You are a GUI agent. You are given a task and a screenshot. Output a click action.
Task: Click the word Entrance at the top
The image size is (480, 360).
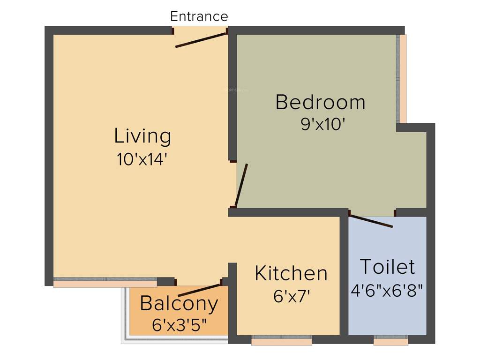click(x=199, y=16)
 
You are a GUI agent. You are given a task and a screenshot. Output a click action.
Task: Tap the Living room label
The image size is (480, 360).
click(x=142, y=136)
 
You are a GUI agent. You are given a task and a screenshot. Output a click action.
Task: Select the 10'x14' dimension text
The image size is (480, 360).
click(x=142, y=159)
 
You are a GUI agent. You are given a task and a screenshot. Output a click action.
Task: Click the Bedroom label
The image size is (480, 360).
click(x=320, y=102)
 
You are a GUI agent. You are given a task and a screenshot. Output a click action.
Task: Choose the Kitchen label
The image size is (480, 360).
click(x=291, y=273)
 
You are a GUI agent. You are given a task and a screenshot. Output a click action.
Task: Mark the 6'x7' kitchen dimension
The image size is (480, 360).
click(x=292, y=296)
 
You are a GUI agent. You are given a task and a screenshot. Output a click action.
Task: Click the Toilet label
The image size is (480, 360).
click(x=387, y=267)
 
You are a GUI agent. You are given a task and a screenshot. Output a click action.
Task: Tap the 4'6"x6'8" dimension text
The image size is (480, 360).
click(x=387, y=290)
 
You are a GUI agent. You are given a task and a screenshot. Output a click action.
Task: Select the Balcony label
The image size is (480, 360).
click(x=179, y=304)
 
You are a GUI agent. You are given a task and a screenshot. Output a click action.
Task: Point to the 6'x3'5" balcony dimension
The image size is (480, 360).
click(x=179, y=324)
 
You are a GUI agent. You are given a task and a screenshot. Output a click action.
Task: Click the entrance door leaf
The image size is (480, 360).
click(x=201, y=39)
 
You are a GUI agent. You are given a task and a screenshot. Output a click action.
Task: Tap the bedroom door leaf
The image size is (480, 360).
click(x=241, y=185)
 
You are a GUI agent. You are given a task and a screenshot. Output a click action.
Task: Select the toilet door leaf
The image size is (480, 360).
click(x=371, y=221)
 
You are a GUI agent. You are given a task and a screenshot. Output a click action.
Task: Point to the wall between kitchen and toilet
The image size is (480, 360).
click(x=344, y=277)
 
